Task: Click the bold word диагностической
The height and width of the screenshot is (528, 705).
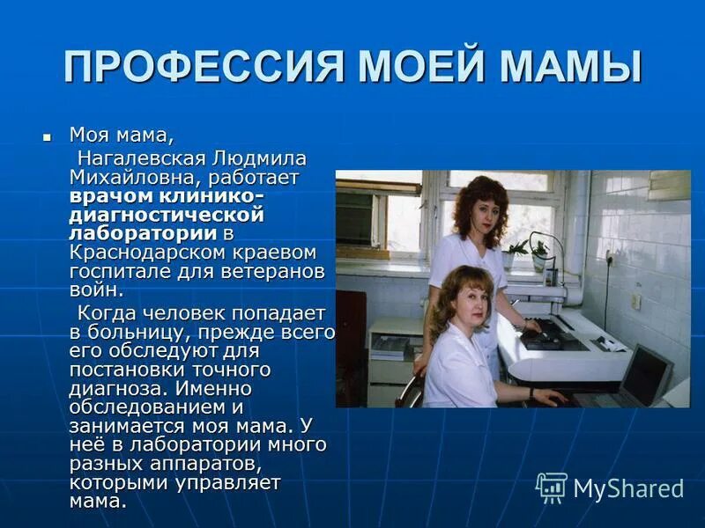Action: [x=167, y=215]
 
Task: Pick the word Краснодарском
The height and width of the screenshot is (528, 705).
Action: [x=143, y=252]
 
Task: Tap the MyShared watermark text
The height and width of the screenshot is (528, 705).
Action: [x=628, y=488]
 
